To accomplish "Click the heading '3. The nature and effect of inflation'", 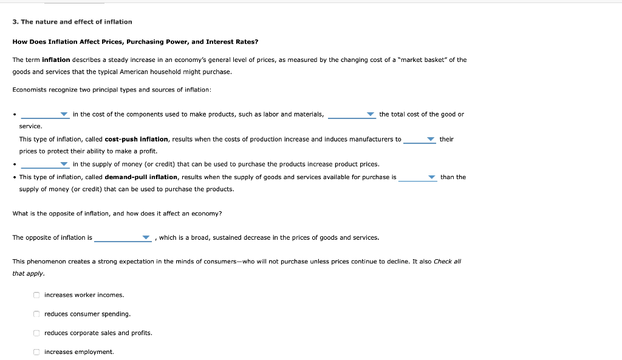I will point(72,22).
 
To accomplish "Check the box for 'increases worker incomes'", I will point(36,295).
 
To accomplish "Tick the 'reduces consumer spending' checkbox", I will point(36,314).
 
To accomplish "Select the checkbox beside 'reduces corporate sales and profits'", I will point(36,333).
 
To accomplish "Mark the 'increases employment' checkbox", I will point(36,352).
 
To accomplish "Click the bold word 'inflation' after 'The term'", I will point(56,60).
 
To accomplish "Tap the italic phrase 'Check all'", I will point(448,261).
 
